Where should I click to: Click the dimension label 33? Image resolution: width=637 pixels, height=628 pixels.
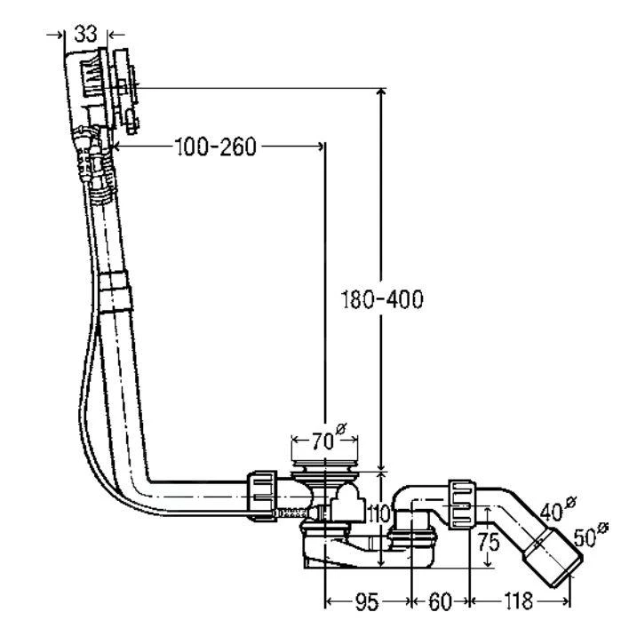click(x=85, y=34)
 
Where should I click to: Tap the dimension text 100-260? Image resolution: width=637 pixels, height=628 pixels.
click(x=215, y=147)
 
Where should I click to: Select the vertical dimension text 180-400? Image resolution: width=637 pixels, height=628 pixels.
click(x=381, y=299)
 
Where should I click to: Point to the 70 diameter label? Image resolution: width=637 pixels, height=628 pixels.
click(x=328, y=438)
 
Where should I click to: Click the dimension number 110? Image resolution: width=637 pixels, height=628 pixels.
click(x=378, y=513)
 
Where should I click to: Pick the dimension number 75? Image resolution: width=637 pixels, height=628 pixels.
click(x=488, y=542)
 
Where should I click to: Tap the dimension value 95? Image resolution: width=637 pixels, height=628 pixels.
click(x=367, y=601)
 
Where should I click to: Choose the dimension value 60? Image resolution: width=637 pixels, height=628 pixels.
click(x=440, y=601)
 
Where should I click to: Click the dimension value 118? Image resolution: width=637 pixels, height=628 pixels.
click(x=518, y=600)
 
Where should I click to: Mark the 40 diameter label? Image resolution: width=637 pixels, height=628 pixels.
click(x=558, y=509)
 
